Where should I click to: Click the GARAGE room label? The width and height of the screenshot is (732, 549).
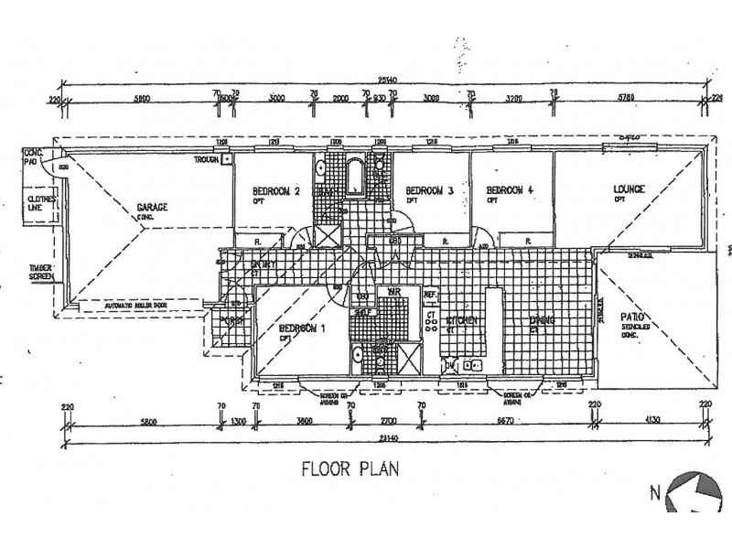point(152,208)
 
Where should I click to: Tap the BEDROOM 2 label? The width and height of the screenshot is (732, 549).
point(276,191)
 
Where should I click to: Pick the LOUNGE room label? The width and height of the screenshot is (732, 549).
point(630,189)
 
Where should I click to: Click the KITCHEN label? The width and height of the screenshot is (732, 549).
point(463,321)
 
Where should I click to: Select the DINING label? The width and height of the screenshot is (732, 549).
point(547,320)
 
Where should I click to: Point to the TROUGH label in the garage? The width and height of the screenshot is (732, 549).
point(207,159)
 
